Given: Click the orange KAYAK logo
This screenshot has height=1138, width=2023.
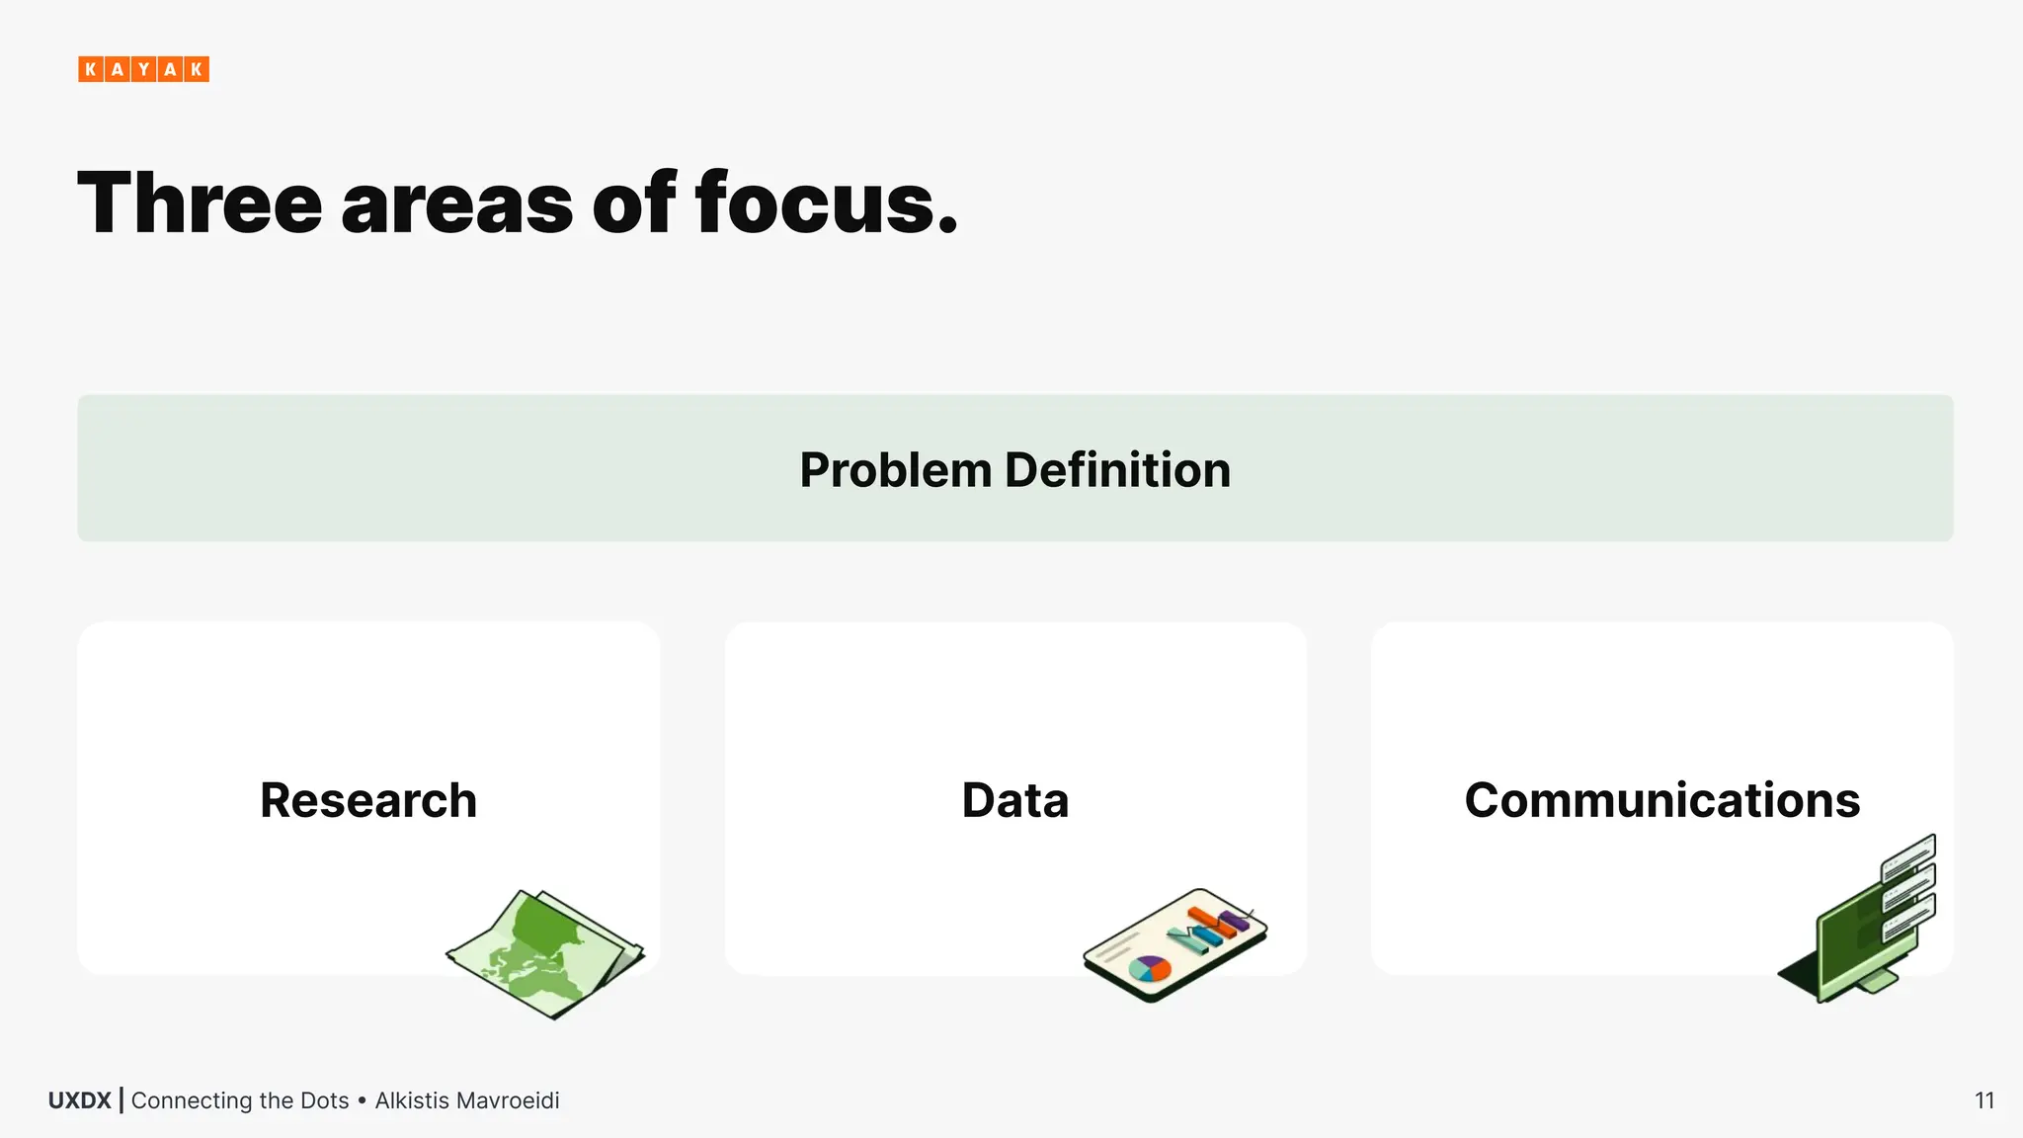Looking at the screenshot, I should click(x=143, y=69).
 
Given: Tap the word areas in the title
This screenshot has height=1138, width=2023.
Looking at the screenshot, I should click(x=456, y=205).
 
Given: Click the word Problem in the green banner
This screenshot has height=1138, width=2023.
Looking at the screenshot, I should click(x=895, y=470).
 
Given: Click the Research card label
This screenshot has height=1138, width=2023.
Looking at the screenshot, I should click(x=368, y=800).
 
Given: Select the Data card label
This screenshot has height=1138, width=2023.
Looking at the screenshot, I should click(x=1014, y=800).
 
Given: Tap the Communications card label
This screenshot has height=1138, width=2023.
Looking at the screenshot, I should click(x=1661, y=800).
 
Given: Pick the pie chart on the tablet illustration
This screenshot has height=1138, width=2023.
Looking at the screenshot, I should click(x=1149, y=968).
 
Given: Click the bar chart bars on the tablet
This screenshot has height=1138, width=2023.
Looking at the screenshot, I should click(x=1211, y=928).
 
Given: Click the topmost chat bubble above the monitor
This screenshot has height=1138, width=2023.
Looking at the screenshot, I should click(x=1908, y=856).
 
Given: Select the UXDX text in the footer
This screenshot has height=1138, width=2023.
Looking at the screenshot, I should click(x=79, y=1100).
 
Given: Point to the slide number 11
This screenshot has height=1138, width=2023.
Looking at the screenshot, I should click(x=1984, y=1100).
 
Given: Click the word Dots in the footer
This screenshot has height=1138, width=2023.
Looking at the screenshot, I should click(x=325, y=1100).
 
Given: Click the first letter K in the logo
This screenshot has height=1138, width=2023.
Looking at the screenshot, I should click(x=91, y=69).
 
